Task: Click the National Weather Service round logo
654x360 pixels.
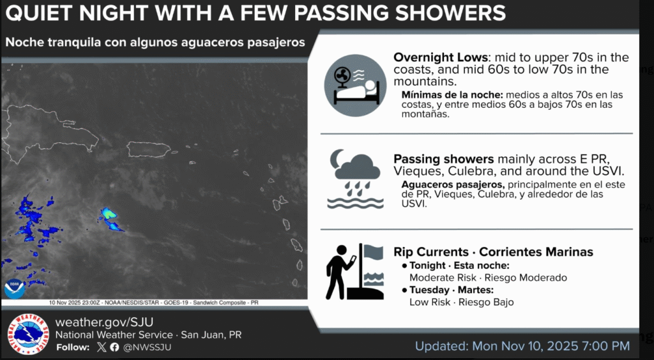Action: [28, 334]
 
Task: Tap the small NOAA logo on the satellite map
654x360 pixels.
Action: [15, 289]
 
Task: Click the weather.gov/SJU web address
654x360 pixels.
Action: [104, 322]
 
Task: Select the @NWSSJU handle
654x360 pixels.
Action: [146, 347]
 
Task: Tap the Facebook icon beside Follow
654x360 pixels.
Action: [115, 347]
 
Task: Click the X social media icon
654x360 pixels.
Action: [102, 347]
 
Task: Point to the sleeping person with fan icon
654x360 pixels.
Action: [355, 86]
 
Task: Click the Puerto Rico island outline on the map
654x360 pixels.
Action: [149, 149]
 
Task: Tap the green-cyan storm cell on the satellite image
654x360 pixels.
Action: [109, 214]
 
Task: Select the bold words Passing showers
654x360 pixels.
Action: [444, 159]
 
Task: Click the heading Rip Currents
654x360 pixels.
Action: [431, 252]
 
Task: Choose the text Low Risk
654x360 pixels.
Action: [430, 302]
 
